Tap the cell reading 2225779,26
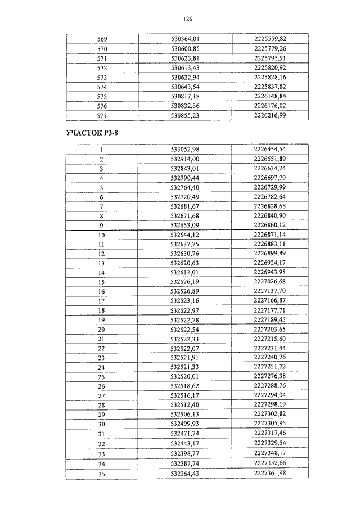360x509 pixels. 270,48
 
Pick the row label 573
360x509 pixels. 102,77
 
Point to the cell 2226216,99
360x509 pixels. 270,115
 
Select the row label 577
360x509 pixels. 102,115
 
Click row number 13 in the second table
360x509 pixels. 102,263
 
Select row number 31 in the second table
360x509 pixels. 102,433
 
